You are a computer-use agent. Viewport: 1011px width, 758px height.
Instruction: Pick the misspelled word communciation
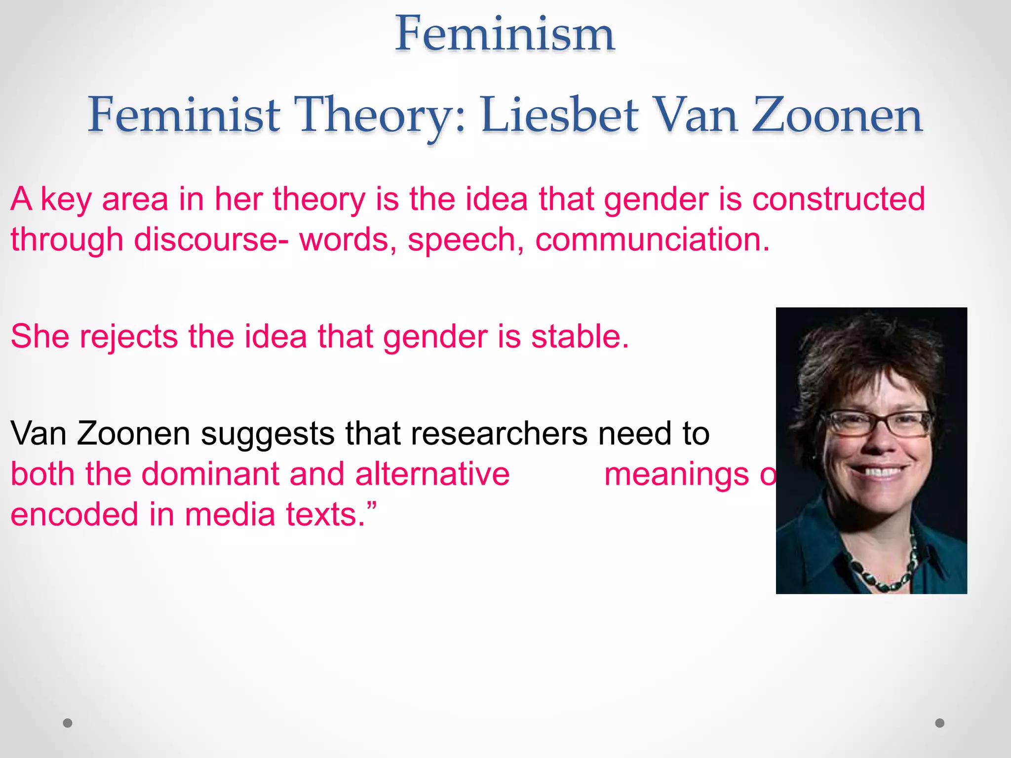[x=652, y=239]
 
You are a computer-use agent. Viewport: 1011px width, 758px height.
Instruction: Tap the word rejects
[x=128, y=337]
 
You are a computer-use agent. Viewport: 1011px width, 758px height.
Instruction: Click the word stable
[x=580, y=337]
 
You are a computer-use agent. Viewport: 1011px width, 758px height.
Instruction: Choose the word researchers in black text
[x=499, y=433]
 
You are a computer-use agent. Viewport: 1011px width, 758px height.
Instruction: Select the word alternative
[x=432, y=474]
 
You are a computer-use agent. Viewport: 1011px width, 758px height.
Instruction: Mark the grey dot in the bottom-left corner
[x=68, y=723]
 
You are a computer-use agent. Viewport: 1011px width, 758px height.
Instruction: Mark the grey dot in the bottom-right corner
[x=940, y=723]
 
